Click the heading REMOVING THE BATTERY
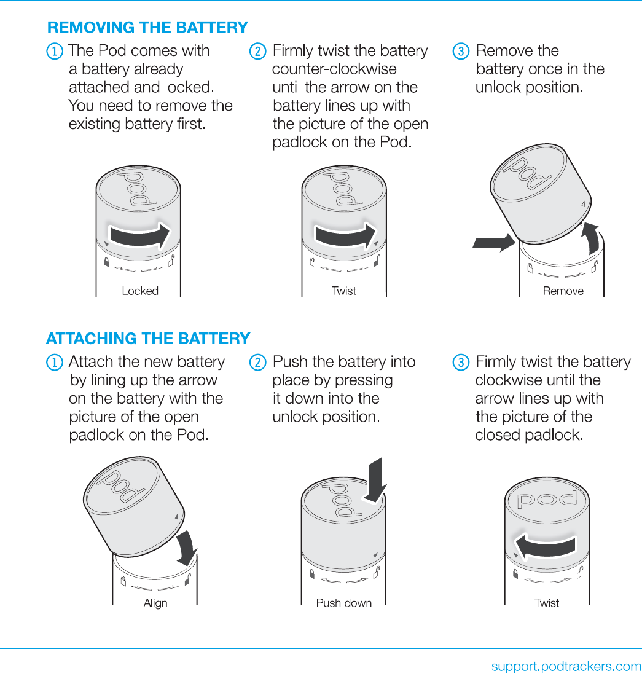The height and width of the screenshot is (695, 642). pyautogui.click(x=147, y=28)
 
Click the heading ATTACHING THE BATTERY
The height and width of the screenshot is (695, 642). pyautogui.click(x=148, y=339)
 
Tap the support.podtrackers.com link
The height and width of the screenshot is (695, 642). pyautogui.click(x=566, y=666)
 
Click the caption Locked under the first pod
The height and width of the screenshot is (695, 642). pyautogui.click(x=140, y=291)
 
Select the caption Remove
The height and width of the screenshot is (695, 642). pyautogui.click(x=563, y=291)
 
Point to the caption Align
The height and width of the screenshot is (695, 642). pyautogui.click(x=155, y=603)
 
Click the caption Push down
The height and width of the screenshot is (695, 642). pyautogui.click(x=343, y=603)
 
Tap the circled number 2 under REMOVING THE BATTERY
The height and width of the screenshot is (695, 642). pyautogui.click(x=257, y=51)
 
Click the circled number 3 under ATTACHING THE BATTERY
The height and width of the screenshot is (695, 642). pyautogui.click(x=461, y=363)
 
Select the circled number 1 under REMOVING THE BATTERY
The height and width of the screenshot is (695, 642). pyautogui.click(x=54, y=51)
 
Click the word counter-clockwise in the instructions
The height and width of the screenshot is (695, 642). pyautogui.click(x=334, y=69)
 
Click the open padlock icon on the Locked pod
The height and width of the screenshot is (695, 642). pyautogui.click(x=172, y=261)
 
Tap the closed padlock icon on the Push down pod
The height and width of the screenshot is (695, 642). pyautogui.click(x=311, y=574)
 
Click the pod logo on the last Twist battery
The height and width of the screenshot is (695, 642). pyautogui.click(x=547, y=498)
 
